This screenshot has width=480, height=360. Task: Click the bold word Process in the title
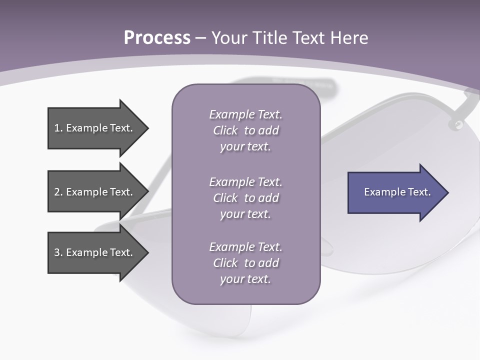click(157, 38)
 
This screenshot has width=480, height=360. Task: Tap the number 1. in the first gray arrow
click(58, 128)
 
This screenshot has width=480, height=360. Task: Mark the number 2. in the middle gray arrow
click(58, 192)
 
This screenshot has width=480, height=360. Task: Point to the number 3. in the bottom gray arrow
click(58, 252)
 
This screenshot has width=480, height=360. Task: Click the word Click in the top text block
click(225, 130)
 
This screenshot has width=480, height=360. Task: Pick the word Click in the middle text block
click(225, 198)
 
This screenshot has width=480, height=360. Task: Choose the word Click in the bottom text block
click(225, 263)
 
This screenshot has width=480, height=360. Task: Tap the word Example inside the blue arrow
click(382, 192)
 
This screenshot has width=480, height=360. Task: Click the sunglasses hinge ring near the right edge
click(456, 125)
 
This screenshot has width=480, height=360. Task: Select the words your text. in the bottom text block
click(245, 279)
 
